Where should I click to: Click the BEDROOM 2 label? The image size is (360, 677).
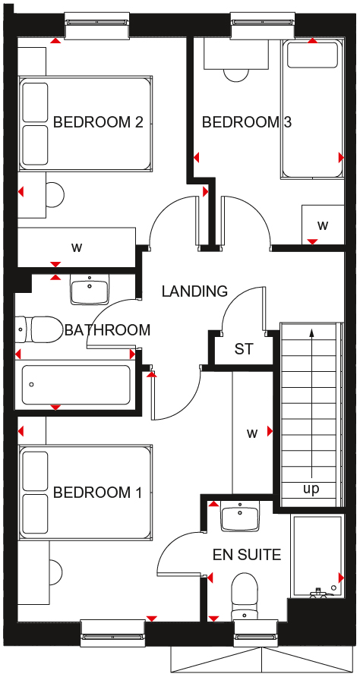[x=98, y=122]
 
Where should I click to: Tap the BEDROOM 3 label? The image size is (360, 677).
[x=247, y=123]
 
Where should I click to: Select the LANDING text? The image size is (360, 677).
[x=194, y=291]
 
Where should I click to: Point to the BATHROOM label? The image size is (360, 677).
[x=107, y=330]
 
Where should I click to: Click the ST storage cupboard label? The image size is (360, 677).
[x=243, y=349]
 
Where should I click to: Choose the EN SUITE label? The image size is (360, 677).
[x=247, y=554]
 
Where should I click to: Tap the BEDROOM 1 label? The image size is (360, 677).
[x=97, y=493]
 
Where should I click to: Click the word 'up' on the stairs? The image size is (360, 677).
[x=311, y=490]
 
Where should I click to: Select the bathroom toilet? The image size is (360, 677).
[x=38, y=330]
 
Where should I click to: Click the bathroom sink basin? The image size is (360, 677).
[x=90, y=289]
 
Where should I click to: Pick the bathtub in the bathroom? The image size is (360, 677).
[x=76, y=385]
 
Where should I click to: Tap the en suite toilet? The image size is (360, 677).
[x=245, y=597]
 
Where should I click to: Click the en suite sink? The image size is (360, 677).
[x=239, y=517]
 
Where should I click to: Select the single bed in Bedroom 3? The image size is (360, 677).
[x=312, y=109]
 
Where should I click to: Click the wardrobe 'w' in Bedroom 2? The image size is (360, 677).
[x=77, y=248]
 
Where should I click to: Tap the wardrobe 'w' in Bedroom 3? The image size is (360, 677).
[x=323, y=225]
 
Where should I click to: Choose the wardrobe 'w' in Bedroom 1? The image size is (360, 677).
[x=252, y=433]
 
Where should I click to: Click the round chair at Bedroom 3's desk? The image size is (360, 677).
[x=236, y=75]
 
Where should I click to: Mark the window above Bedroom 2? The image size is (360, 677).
[x=96, y=26]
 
